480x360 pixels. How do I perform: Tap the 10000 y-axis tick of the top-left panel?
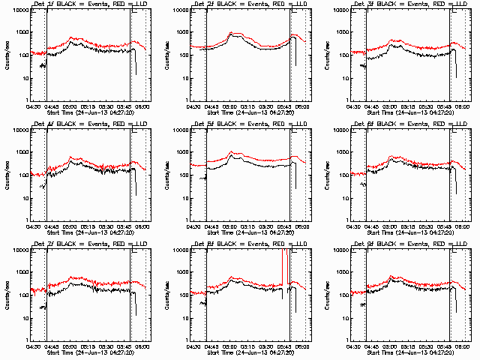pos(18,10)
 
